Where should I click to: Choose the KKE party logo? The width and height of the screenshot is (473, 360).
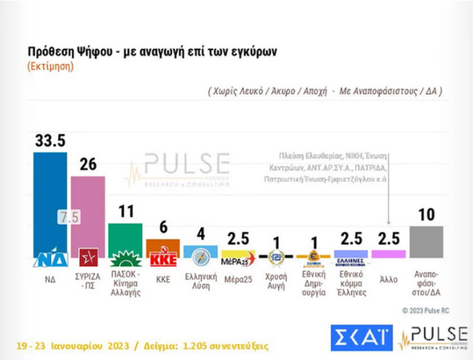[x=162, y=259]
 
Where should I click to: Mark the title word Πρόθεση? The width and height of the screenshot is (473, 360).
[x=51, y=52]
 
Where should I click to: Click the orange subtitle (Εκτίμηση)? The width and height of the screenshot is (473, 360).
[x=50, y=66]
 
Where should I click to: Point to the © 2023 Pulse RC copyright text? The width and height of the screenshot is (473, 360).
[x=426, y=310]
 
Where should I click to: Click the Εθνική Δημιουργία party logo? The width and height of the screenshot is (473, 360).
[x=313, y=258]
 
